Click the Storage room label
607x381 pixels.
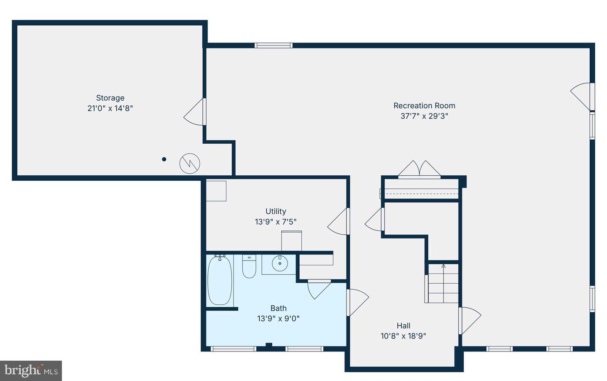(x=110, y=98)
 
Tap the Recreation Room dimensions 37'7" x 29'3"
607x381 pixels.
(x=424, y=116)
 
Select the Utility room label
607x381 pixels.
(x=276, y=211)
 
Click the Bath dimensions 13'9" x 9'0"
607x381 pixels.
(x=278, y=319)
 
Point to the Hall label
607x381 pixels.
(x=403, y=325)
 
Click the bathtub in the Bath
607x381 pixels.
(x=220, y=281)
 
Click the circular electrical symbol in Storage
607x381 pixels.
(x=190, y=164)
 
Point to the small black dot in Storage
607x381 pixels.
(x=164, y=159)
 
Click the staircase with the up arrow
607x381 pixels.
(x=443, y=283)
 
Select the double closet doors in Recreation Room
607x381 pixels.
(x=419, y=169)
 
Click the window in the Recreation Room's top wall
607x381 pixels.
(x=273, y=46)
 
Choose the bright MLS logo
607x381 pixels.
(x=31, y=370)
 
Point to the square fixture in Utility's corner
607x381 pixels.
(x=216, y=191)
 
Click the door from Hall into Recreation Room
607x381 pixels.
(x=470, y=320)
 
